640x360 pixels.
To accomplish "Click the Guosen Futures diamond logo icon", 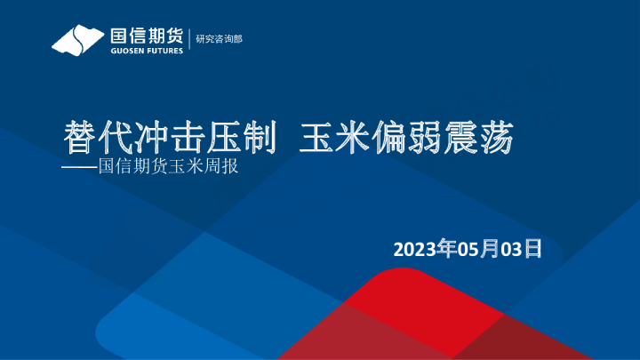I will click(x=76, y=40).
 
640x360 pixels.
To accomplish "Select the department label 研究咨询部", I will click(x=219, y=39).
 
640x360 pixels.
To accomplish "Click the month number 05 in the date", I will click(x=468, y=249).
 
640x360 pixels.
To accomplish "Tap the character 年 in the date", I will click(x=447, y=249).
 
